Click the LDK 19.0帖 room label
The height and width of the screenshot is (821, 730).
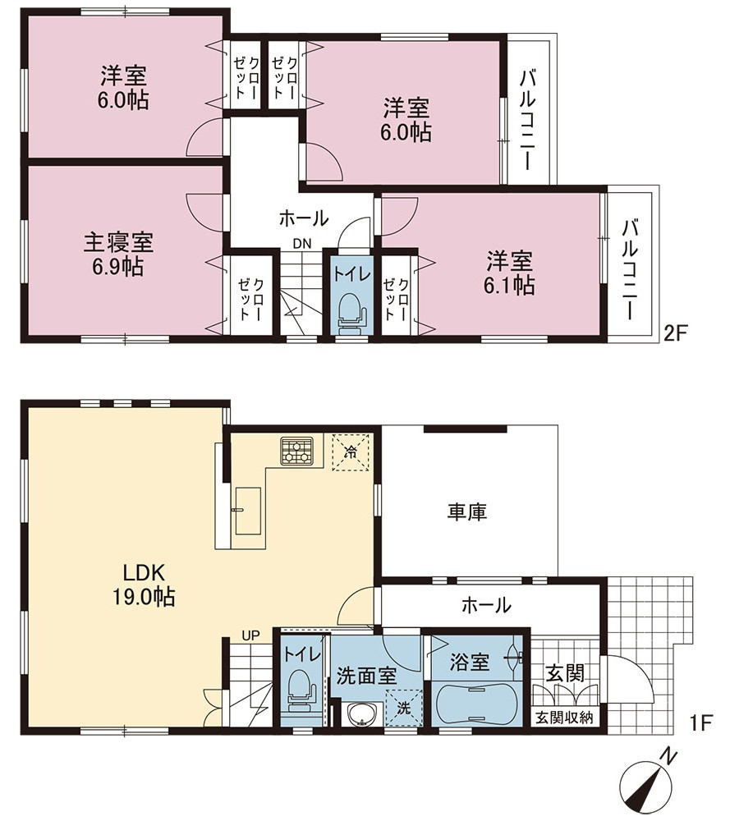(x=144, y=585)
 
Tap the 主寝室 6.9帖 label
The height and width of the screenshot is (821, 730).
(x=118, y=255)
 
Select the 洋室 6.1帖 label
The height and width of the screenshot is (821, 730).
(x=509, y=273)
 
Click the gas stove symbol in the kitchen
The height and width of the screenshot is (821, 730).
(x=296, y=451)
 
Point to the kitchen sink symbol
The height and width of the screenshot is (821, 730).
(x=248, y=511)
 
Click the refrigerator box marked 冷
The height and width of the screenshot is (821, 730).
(x=352, y=452)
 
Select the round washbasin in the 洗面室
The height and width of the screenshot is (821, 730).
(x=360, y=715)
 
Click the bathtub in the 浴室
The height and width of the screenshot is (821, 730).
(x=475, y=704)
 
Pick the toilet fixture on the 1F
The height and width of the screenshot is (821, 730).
(x=301, y=691)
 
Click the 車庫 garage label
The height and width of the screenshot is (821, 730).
(x=467, y=511)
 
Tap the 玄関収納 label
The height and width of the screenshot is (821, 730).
(x=564, y=718)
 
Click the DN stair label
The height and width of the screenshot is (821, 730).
(x=301, y=244)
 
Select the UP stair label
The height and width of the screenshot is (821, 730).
(x=250, y=635)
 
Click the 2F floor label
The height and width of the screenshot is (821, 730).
(x=675, y=333)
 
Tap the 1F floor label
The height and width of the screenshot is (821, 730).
(x=700, y=723)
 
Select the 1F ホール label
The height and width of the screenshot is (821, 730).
(x=486, y=605)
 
